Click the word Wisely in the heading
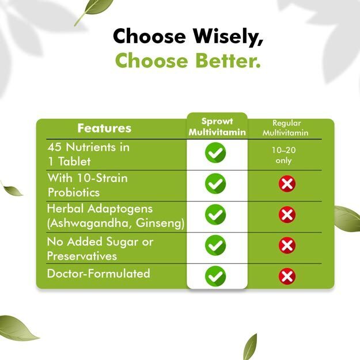pyautogui.click(x=228, y=36)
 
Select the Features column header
pyautogui.click(x=104, y=128)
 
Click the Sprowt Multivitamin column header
pyautogui.click(x=217, y=127)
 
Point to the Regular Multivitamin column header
pyautogui.click(x=286, y=128)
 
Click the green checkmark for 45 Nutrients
pyautogui.click(x=215, y=153)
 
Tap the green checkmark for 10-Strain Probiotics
pyautogui.click(x=215, y=184)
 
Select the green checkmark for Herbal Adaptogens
pyautogui.click(x=215, y=214)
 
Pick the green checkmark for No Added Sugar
pyautogui.click(x=215, y=245)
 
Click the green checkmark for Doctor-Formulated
pyautogui.click(x=215, y=276)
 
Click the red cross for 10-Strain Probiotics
pyautogui.click(x=287, y=184)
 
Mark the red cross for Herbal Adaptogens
pyautogui.click(x=287, y=215)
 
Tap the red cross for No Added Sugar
pyautogui.click(x=287, y=245)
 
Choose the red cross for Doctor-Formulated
pyautogui.click(x=287, y=276)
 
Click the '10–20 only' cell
pyautogui.click(x=284, y=155)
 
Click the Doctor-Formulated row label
pyautogui.click(x=98, y=274)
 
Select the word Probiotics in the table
pyautogui.click(x=74, y=192)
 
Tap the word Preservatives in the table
pyautogui.click(x=82, y=256)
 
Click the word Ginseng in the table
pyautogui.click(x=160, y=223)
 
